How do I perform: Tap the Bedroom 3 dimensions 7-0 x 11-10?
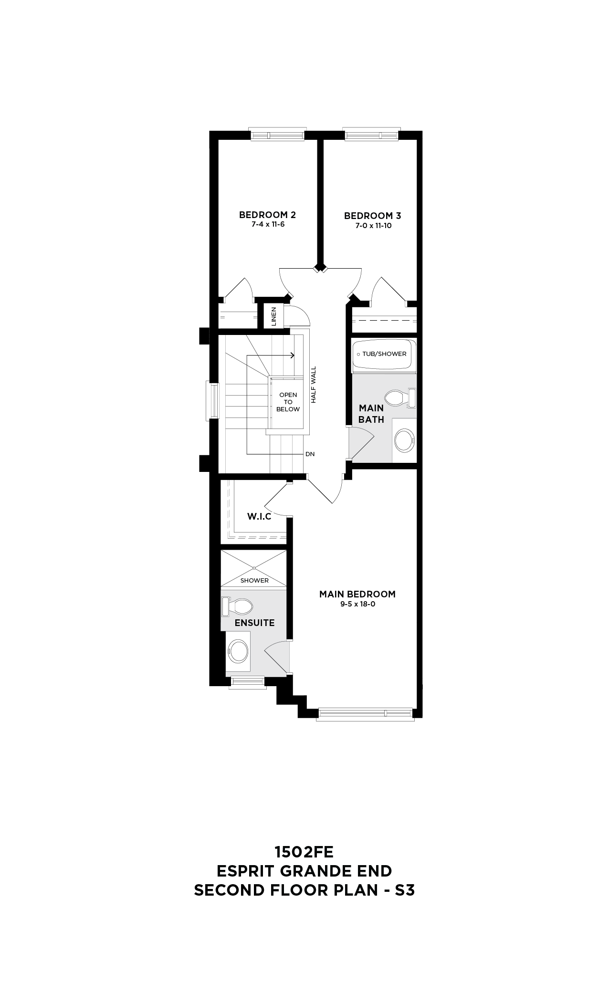point(373,226)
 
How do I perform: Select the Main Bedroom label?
point(357,594)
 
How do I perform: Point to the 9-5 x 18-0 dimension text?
point(357,604)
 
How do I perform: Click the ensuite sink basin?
point(238,650)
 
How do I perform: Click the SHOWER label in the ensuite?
point(254,581)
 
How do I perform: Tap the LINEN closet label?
point(273,316)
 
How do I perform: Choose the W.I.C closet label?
point(259,516)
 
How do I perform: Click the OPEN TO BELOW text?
point(288,402)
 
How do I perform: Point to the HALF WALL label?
point(314,385)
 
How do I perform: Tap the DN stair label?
point(310,454)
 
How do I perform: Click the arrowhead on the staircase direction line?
point(292,355)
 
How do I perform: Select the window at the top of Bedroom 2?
point(277,135)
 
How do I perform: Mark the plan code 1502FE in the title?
point(304,852)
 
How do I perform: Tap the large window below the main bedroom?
point(365,713)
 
